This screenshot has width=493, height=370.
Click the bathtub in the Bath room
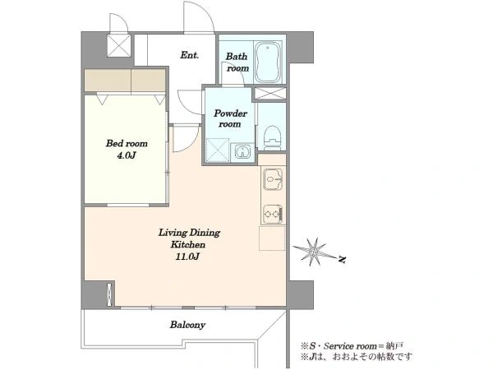pos(268,62)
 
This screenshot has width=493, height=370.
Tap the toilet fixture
pos(272,138)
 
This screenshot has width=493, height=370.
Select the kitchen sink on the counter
pos(273,179)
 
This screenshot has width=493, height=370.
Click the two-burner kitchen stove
pos(273,215)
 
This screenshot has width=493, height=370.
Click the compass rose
pos(314,252)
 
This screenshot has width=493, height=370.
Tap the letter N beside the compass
pos(342,260)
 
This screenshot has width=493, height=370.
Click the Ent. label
pos(190,55)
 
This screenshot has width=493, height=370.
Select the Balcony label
pos(187,325)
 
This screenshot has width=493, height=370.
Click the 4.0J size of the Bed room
pos(127,155)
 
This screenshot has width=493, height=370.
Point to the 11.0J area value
pos(187,257)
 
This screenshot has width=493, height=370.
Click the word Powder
pos(230,113)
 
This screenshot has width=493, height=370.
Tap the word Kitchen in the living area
pos(187,244)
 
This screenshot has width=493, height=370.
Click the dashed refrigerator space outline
pos(272,238)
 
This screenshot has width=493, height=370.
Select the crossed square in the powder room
pos(218,150)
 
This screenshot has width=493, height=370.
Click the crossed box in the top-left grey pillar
pos(119,45)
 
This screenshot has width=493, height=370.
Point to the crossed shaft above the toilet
pos(270,94)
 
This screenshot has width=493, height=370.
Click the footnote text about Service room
pos(352,346)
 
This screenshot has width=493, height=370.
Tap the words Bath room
pos(237,62)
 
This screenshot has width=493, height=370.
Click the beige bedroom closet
pos(125,81)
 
